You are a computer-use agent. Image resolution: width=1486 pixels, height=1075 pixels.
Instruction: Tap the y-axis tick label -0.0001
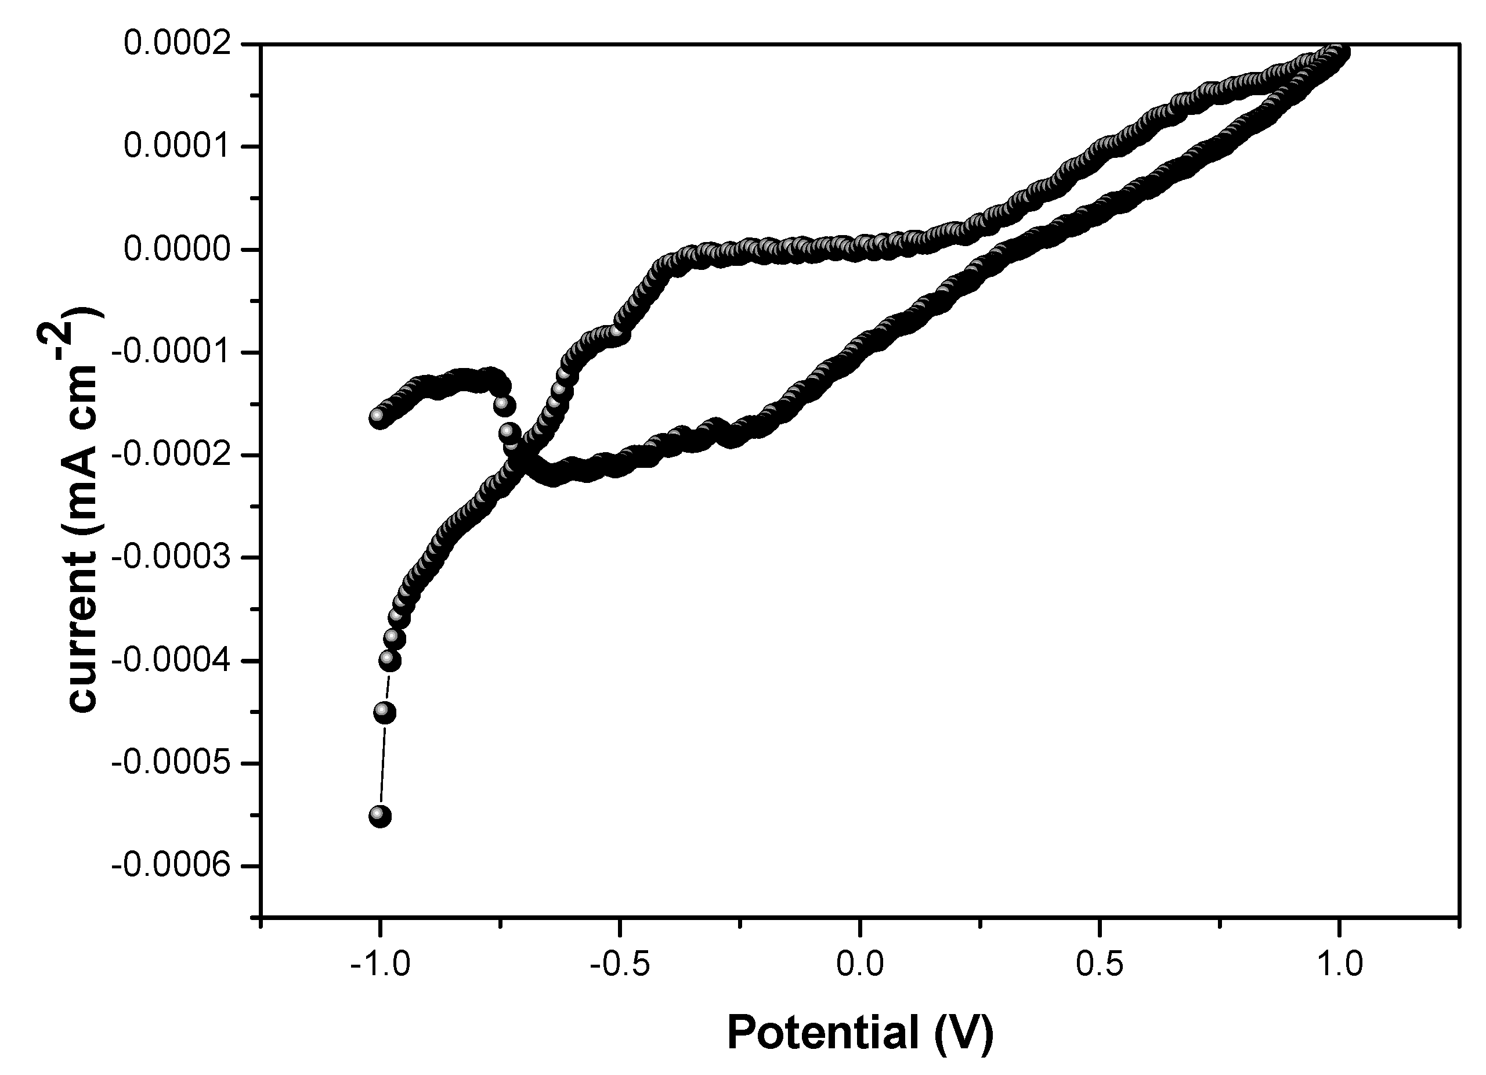pos(172,353)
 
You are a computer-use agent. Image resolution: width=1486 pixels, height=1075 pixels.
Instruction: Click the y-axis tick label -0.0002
pos(172,455)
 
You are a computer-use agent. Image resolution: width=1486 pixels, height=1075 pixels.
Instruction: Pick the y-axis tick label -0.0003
pos(172,558)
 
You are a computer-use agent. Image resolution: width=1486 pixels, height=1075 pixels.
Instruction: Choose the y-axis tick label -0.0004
pos(172,661)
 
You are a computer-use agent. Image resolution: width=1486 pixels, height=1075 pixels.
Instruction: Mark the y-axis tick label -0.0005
pos(172,763)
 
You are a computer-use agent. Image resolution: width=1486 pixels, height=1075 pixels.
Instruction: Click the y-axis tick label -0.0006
pos(172,866)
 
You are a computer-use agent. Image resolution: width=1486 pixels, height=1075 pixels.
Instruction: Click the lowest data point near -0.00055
pos(380,816)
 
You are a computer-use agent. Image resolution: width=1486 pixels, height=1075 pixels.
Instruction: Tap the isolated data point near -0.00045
pos(384,713)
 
